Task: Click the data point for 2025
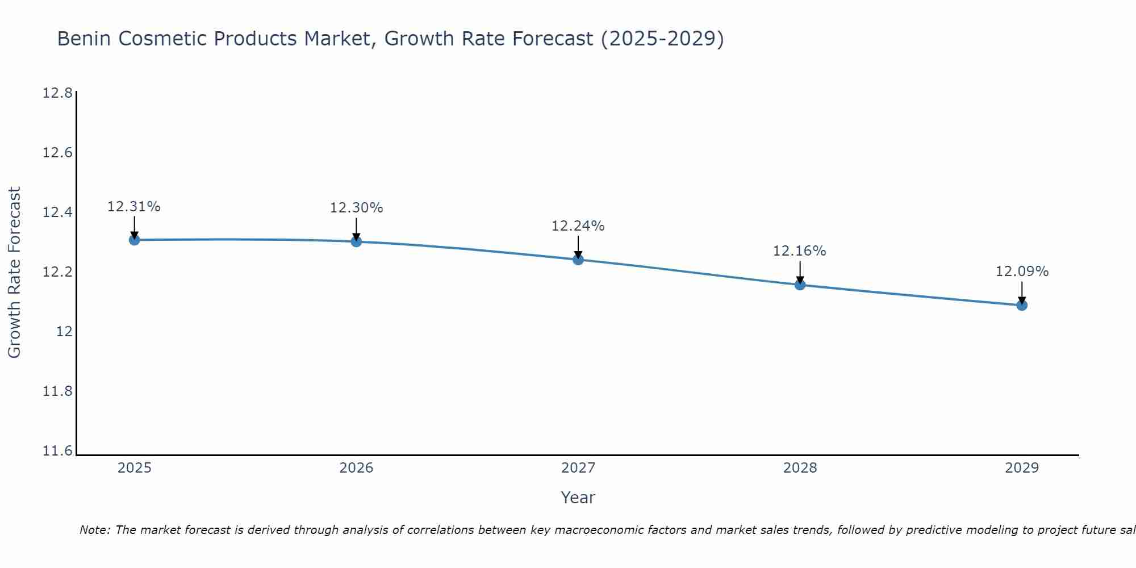pyautogui.click(x=134, y=240)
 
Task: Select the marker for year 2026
pyautogui.click(x=356, y=241)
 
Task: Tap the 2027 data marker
pyautogui.click(x=578, y=260)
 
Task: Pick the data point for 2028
pyautogui.click(x=800, y=285)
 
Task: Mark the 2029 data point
pyautogui.click(x=1022, y=305)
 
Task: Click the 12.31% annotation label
pyautogui.click(x=134, y=207)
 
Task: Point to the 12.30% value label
pyautogui.click(x=356, y=208)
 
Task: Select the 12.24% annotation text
pyautogui.click(x=578, y=226)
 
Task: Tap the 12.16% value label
pyautogui.click(x=800, y=251)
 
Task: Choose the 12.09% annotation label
pyautogui.click(x=1022, y=272)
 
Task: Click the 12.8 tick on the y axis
pyautogui.click(x=58, y=93)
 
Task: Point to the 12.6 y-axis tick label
pyautogui.click(x=58, y=153)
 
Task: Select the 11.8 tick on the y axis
pyautogui.click(x=58, y=391)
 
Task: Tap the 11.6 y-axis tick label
pyautogui.click(x=58, y=451)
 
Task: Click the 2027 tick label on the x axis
pyautogui.click(x=578, y=468)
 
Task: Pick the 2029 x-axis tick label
pyautogui.click(x=1022, y=468)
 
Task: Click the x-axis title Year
pyautogui.click(x=578, y=498)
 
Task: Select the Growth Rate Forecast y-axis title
pyautogui.click(x=14, y=272)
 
